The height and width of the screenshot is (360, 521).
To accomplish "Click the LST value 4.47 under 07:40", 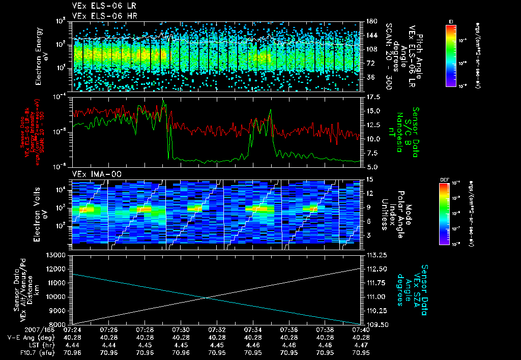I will [361, 345].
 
